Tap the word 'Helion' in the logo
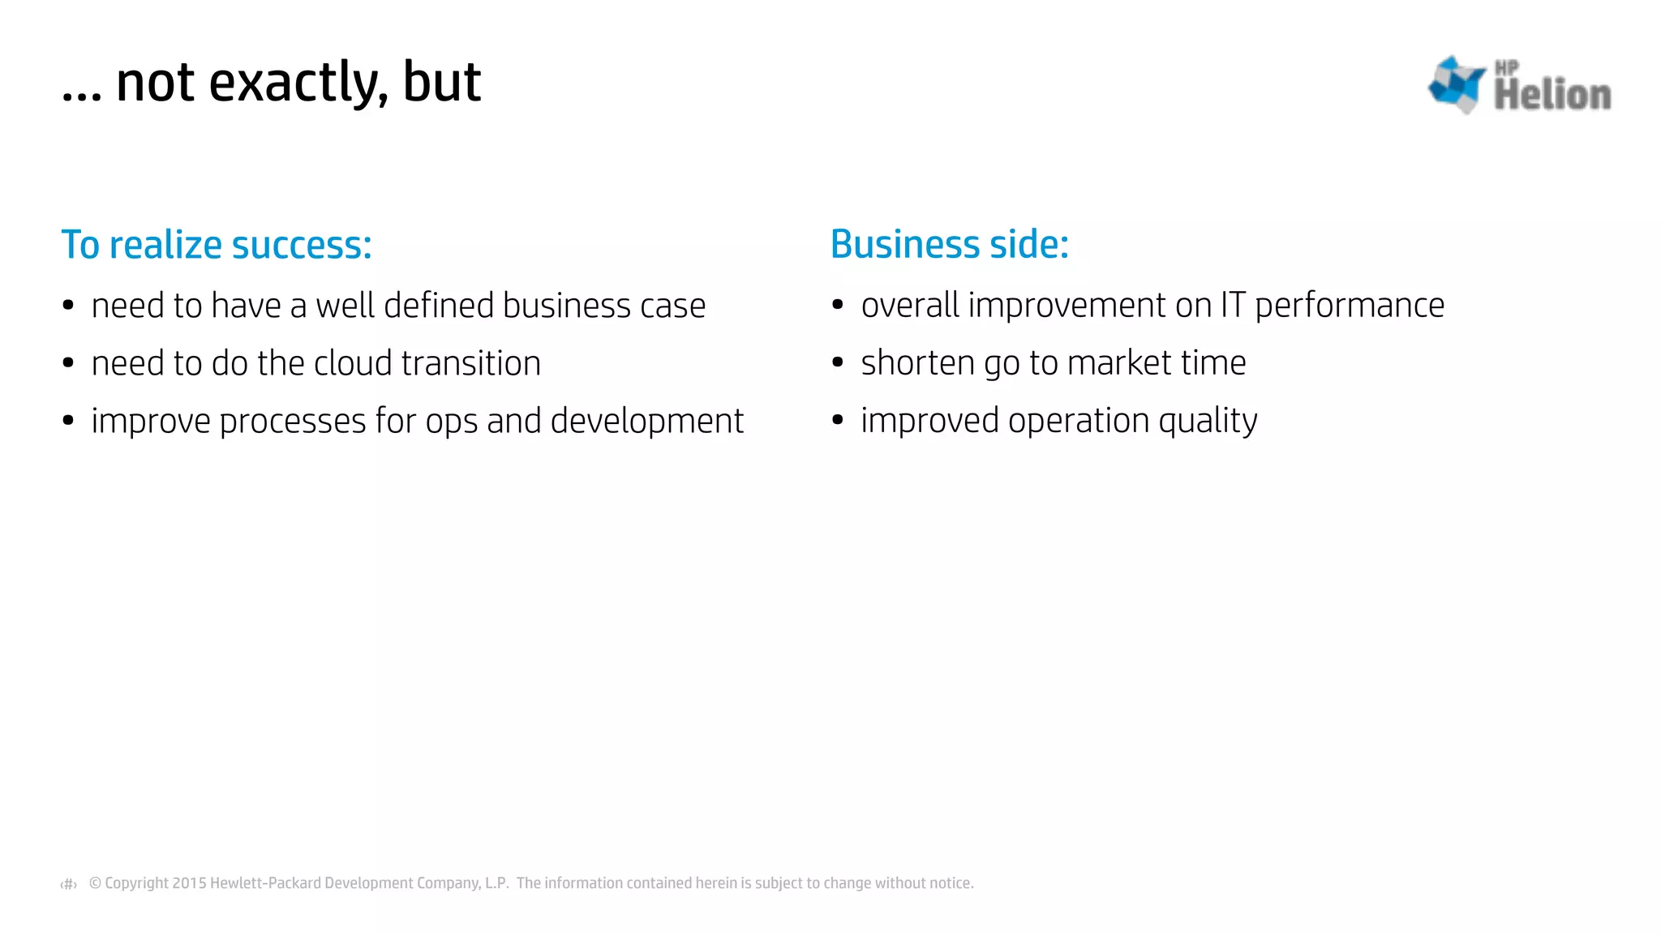tap(1552, 95)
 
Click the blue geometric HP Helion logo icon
tap(1456, 84)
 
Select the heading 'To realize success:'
tap(217, 245)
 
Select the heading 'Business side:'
tap(950, 244)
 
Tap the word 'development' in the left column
tap(646, 421)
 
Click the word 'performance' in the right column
tap(1350, 306)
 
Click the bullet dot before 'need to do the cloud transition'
tap(68, 363)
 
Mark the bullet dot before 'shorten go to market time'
tap(838, 362)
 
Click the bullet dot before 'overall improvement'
tap(838, 305)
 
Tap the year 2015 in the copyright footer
tap(189, 883)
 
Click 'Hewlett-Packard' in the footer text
tap(265, 883)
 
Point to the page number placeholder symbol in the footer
tap(69, 884)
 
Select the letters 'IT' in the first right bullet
tap(1233, 306)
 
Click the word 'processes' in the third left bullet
tap(293, 421)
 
